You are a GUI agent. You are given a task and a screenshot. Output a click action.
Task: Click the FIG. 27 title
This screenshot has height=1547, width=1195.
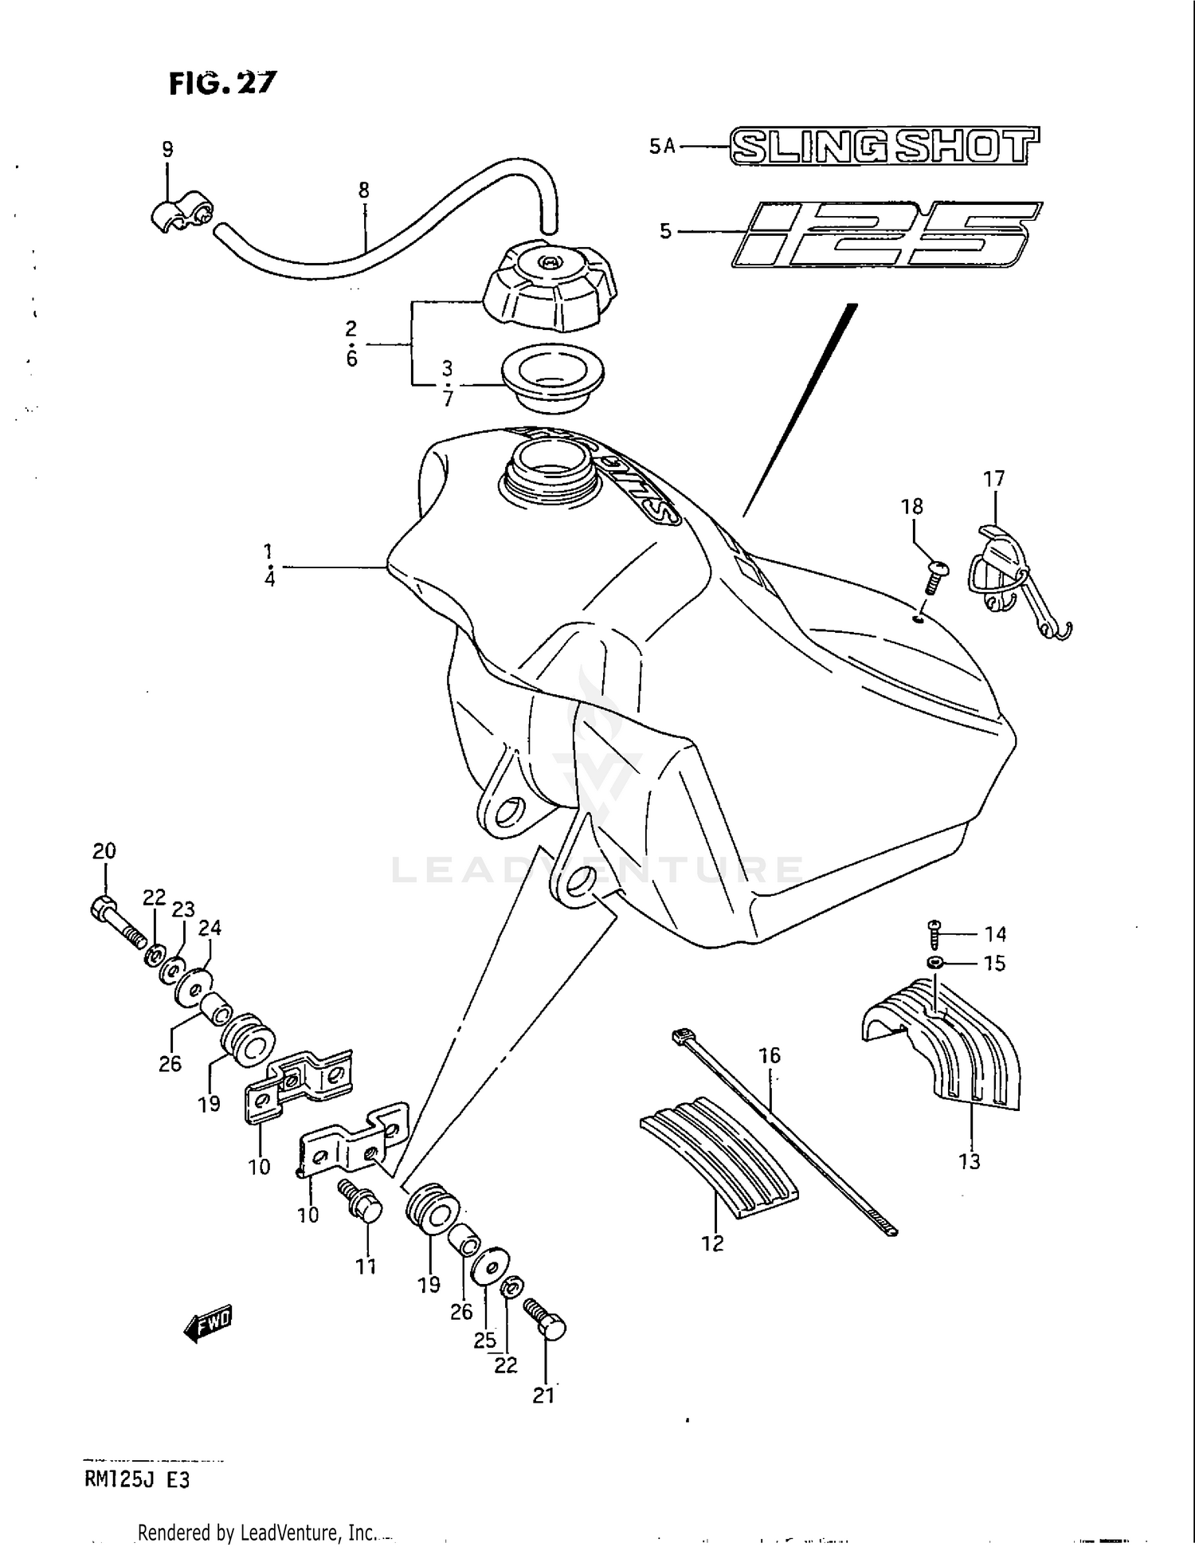(222, 83)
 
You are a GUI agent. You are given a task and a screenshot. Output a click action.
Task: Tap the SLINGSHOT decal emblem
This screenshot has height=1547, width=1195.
(884, 147)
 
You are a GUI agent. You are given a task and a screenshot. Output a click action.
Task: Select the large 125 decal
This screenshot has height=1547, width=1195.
(886, 234)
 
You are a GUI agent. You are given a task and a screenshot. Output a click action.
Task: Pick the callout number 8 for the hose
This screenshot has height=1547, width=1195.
(364, 190)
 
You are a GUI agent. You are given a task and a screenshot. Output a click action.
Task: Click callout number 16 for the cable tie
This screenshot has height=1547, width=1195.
(769, 1056)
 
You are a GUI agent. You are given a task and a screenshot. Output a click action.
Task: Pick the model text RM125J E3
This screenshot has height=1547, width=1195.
(136, 1480)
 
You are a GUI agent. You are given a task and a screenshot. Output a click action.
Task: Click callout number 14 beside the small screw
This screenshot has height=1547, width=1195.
(995, 933)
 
